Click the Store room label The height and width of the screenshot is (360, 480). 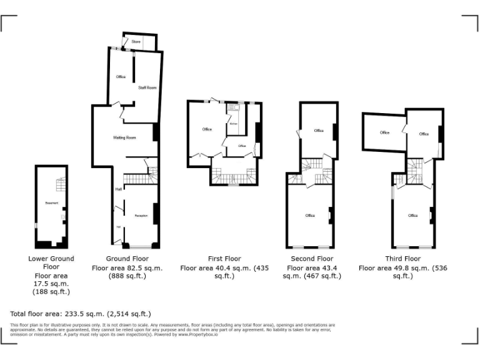pos(136,42)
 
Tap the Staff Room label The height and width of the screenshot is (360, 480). pos(147,87)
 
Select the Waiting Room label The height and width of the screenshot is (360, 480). pos(124,137)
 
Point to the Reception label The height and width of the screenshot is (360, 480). pos(141,216)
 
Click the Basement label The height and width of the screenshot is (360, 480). pos(51,203)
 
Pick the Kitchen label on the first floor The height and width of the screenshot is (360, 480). pos(234,124)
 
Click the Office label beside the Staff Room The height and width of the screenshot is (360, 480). pos(121,77)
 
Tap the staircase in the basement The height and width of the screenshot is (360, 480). pos(60,185)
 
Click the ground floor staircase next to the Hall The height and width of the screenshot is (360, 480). pos(137,180)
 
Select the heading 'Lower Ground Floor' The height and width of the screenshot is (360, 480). pos(51,263)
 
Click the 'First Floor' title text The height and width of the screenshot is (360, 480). pos(224,259)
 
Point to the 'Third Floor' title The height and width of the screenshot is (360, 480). pos(402,259)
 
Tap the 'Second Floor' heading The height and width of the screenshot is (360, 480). pos(312,259)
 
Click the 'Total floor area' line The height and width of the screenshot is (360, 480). pos(81,314)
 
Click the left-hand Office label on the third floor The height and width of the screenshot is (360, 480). pos(384,132)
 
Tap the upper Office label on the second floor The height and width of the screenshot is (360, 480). pos(319,131)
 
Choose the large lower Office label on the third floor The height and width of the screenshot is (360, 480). pos(412,216)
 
